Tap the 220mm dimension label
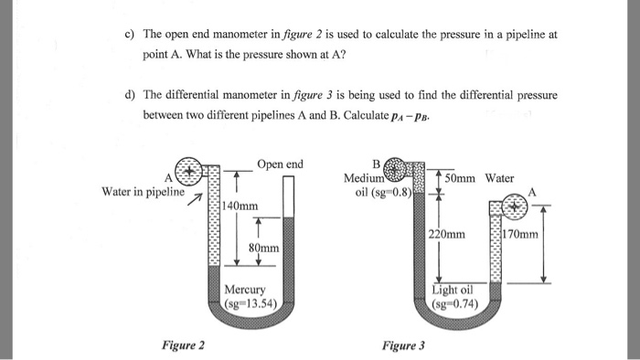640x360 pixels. pos(446,235)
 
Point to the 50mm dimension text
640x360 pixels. pos(463,178)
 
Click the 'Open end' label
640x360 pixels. pos(280,164)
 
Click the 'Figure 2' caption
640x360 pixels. pos(183,344)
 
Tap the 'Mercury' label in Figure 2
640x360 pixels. pos(244,291)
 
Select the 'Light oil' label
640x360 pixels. pos(454,290)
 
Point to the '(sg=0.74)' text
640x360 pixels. pos(455,303)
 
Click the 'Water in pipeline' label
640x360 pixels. pos(144,192)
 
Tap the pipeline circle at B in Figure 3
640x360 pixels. pos(395,169)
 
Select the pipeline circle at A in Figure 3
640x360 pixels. pos(513,207)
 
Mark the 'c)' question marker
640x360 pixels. pos(130,34)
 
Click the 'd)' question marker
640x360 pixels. pos(130,95)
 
